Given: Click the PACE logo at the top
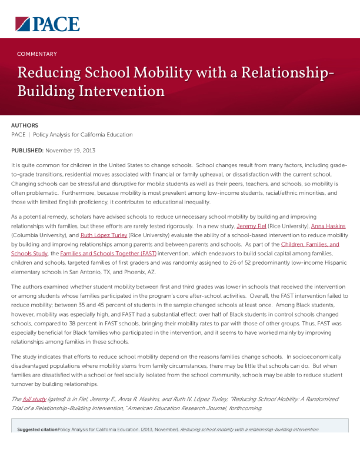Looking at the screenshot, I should click(46, 24).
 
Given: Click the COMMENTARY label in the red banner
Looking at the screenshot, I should click(37, 54).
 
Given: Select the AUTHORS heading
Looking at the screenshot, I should click(25, 125).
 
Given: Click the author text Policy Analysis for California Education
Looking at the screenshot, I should click(83, 135).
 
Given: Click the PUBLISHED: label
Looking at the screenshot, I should click(27, 151).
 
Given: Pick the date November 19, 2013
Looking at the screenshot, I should click(70, 151).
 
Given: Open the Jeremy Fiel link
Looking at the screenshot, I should click(251, 226).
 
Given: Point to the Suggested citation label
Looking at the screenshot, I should click(38, 430).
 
